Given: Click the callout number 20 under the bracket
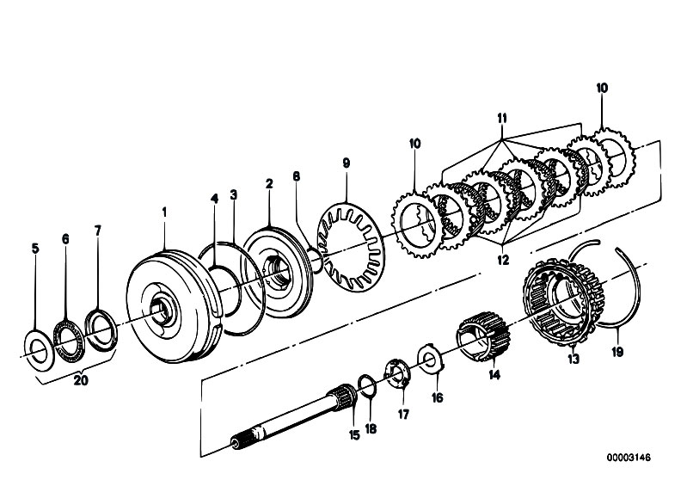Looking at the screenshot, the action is coord(81,380).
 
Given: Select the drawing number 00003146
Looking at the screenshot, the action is coord(629,458).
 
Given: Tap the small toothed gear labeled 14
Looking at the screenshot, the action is coord(484,336).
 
